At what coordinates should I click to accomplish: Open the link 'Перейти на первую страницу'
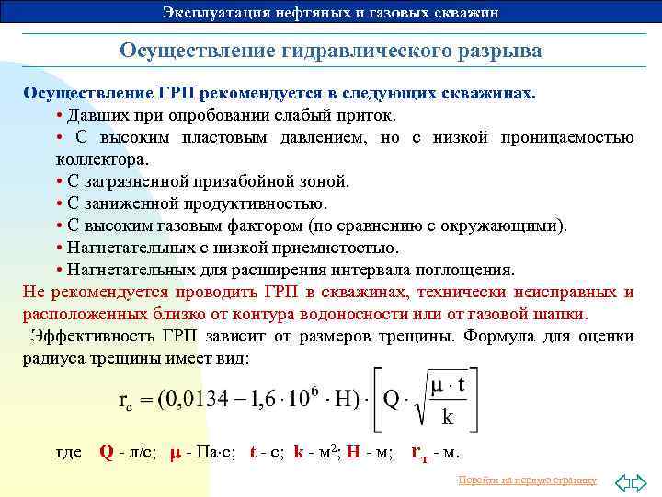(x=527, y=480)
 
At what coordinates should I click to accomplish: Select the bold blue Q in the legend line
(x=106, y=453)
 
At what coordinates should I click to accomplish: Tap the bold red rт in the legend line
(x=418, y=453)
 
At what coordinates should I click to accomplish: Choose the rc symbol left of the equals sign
(x=130, y=401)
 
